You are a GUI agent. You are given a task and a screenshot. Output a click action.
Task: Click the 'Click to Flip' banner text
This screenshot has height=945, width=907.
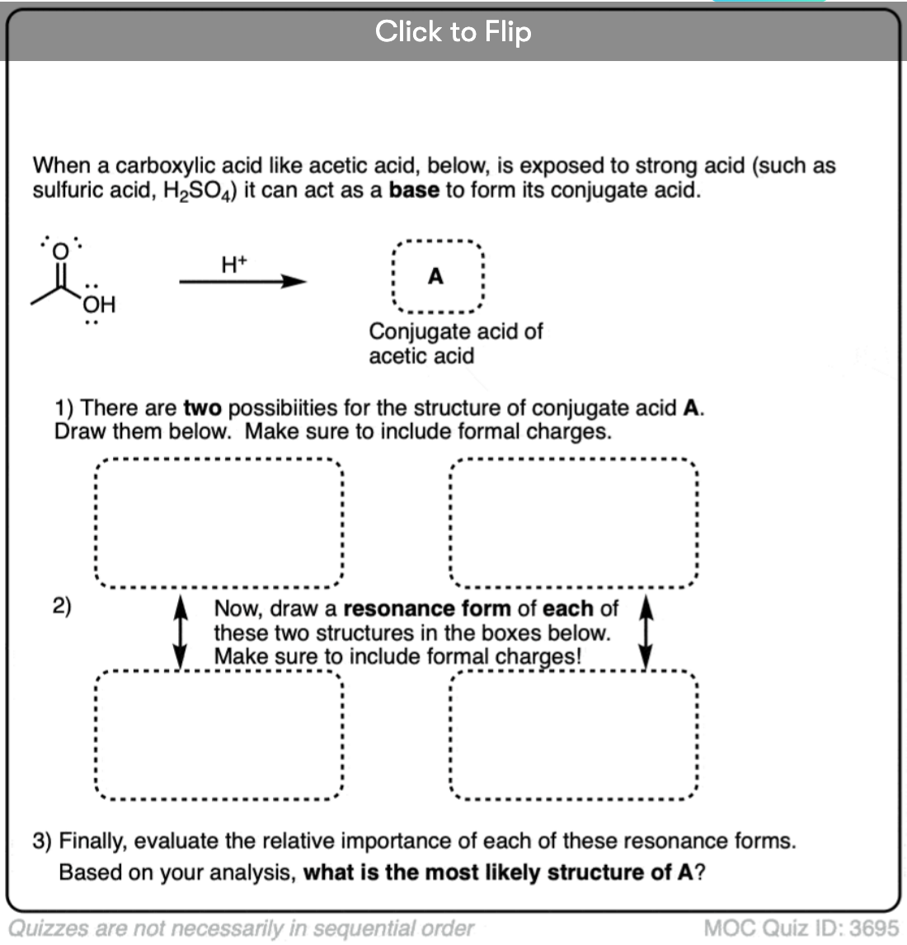[453, 31]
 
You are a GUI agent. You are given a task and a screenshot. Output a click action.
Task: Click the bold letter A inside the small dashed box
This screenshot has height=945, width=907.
[435, 276]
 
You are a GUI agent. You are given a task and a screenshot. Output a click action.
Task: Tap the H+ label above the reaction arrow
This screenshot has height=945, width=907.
[234, 264]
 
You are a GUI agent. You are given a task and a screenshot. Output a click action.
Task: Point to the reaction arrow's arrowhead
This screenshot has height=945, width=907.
[294, 281]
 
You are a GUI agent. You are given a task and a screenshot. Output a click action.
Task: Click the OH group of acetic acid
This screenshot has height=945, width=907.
[99, 304]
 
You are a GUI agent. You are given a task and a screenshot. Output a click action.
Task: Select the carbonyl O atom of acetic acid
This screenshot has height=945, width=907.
[60, 251]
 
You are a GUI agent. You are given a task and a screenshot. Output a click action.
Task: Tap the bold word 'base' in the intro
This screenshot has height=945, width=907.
[414, 190]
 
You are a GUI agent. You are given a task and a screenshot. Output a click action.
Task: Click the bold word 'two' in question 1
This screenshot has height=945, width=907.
[203, 408]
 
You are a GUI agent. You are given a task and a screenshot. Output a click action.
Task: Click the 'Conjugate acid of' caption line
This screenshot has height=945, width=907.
[456, 331]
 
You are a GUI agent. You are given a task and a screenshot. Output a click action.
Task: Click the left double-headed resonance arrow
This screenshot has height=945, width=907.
[180, 632]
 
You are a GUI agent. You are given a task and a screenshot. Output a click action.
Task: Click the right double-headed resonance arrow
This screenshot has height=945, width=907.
[646, 632]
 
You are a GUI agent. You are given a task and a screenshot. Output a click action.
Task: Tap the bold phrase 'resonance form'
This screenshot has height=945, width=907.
[427, 609]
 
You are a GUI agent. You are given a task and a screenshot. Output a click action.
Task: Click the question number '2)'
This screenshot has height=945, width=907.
[62, 606]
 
